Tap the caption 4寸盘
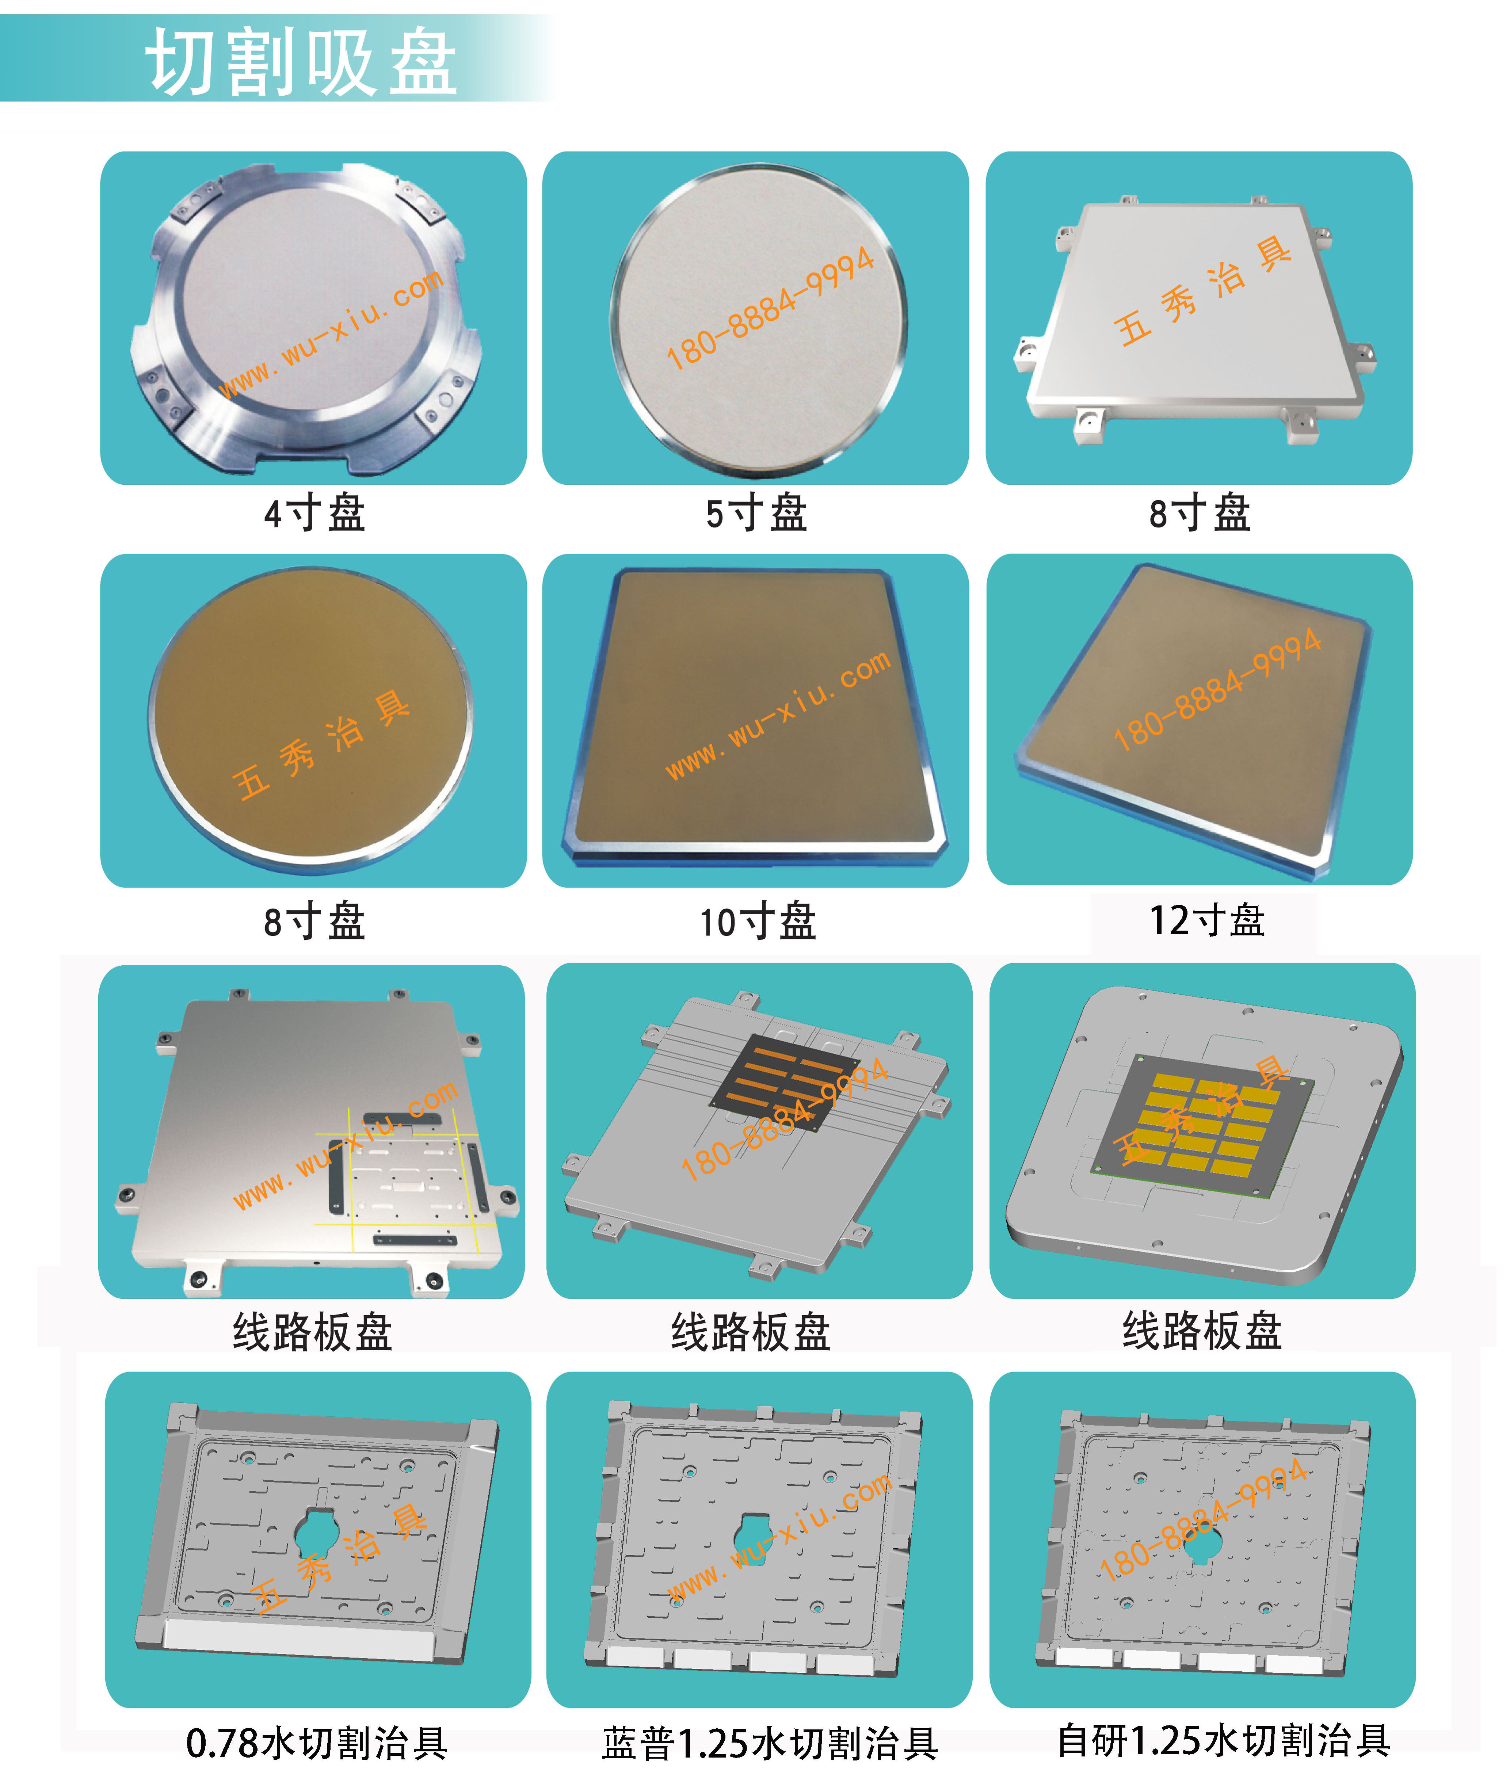click(x=314, y=514)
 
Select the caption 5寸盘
click(x=757, y=514)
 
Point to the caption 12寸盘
click(x=1207, y=920)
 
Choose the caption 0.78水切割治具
click(x=317, y=1743)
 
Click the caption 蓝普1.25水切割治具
click(x=770, y=1743)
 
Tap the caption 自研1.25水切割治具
click(x=1224, y=1740)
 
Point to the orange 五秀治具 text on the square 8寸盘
click(x=1203, y=291)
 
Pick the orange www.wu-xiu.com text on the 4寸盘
click(x=331, y=334)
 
